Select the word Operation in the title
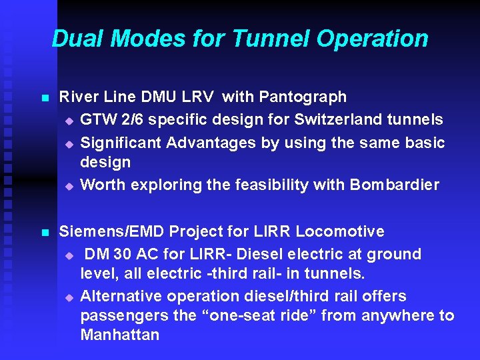tap(372, 39)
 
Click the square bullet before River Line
tap(45, 98)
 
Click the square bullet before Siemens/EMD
tap(45, 233)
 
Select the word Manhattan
tap(120, 335)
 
